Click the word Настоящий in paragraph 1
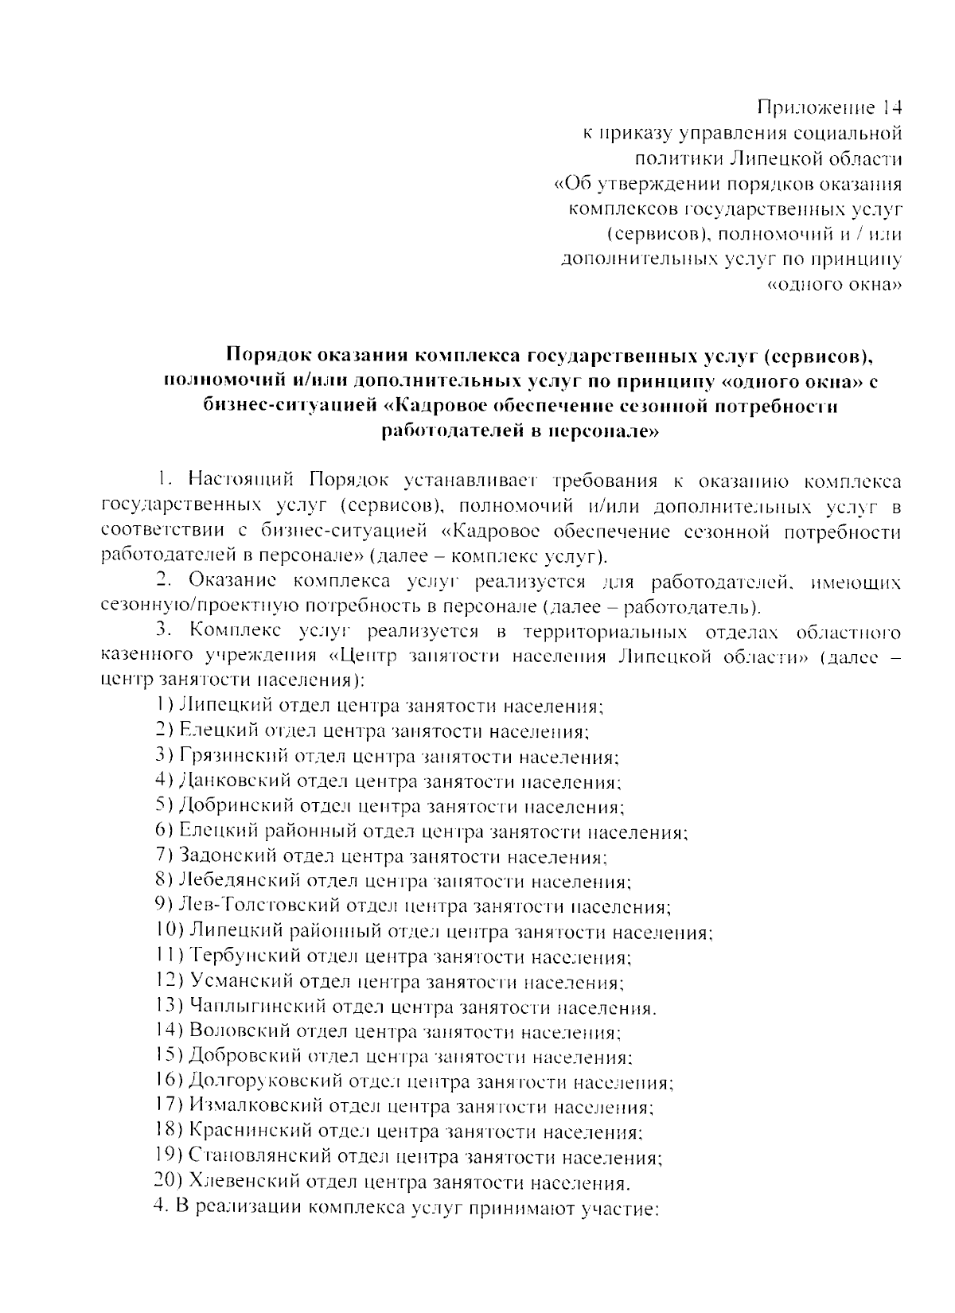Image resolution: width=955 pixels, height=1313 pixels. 242,481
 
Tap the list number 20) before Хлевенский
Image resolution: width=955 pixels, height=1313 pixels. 168,1182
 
